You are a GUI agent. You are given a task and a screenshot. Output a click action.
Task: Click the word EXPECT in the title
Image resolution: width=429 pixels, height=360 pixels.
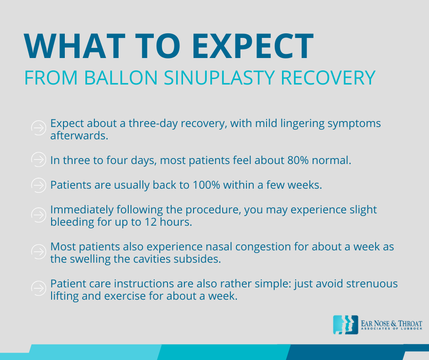click(x=253, y=46)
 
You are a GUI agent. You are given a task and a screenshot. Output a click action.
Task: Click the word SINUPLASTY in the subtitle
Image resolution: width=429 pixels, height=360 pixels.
click(x=219, y=78)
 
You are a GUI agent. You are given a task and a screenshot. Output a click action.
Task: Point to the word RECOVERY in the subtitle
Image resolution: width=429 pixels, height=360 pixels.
click(x=328, y=78)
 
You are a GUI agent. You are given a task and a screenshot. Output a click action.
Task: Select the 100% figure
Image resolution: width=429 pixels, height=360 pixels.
click(x=206, y=185)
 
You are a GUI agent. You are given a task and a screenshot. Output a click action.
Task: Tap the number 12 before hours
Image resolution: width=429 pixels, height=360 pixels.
click(x=150, y=222)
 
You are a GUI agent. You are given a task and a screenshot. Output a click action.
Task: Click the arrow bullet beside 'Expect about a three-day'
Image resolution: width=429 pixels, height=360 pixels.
click(x=39, y=128)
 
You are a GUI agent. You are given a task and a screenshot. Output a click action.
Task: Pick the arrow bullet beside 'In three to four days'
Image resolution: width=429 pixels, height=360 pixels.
click(x=39, y=159)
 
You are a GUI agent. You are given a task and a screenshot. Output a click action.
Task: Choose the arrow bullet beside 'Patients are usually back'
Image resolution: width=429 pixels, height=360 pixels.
click(x=39, y=185)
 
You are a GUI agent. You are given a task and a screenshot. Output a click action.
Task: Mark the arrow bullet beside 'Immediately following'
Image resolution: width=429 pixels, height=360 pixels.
click(x=39, y=215)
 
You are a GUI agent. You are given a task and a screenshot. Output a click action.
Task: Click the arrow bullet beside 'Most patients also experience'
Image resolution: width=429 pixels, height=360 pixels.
click(x=39, y=252)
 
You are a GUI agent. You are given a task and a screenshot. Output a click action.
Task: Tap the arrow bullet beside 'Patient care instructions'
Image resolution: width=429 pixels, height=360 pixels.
click(x=39, y=288)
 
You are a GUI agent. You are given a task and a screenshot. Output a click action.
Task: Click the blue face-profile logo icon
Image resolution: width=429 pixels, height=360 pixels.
click(x=345, y=325)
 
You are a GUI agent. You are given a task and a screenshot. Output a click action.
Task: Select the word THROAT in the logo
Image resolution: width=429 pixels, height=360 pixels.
click(x=410, y=323)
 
